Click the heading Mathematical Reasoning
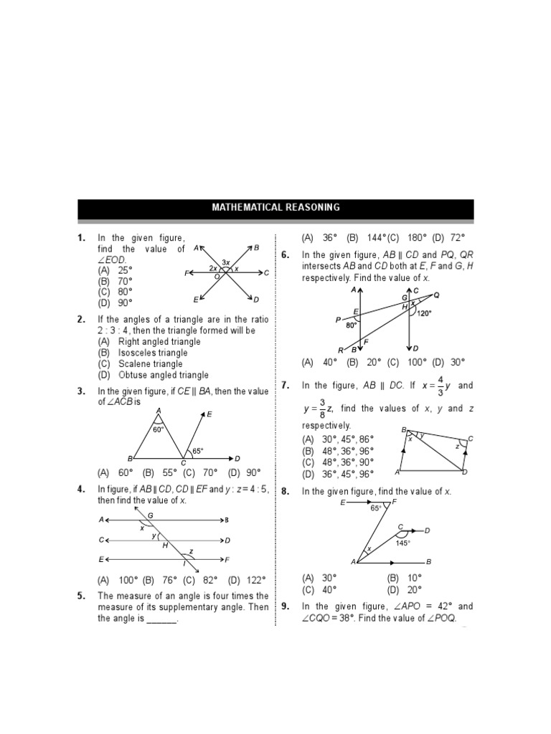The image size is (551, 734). (275, 208)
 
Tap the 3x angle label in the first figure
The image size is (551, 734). (225, 262)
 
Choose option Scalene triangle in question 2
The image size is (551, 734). (142, 364)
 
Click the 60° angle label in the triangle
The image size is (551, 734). (159, 430)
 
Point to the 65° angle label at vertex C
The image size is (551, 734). (197, 451)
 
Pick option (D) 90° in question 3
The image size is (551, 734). (244, 473)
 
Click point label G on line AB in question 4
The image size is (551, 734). (150, 515)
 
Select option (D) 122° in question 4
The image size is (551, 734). (247, 581)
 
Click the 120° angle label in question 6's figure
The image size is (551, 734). (424, 313)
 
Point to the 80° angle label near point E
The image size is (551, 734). (352, 325)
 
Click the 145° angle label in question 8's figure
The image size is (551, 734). (402, 543)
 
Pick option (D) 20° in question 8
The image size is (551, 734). (405, 590)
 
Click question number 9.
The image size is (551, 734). (286, 606)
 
